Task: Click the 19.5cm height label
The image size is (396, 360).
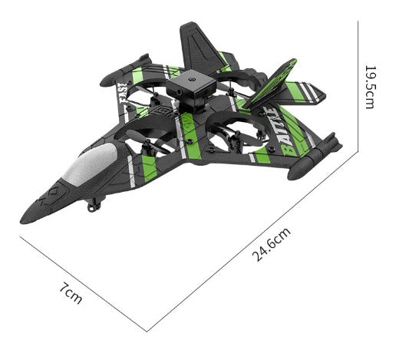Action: click(x=370, y=85)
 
